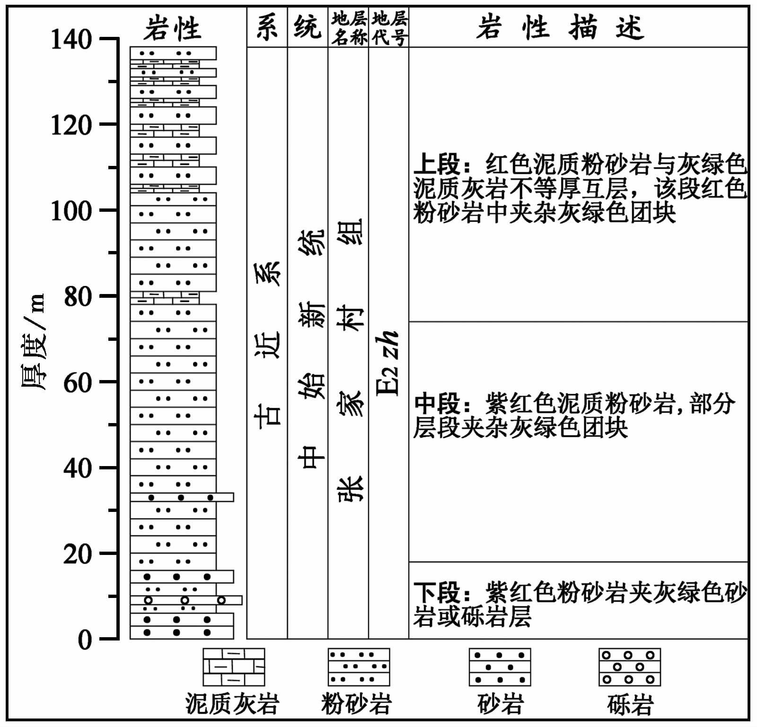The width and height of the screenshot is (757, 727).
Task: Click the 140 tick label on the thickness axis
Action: tap(71, 39)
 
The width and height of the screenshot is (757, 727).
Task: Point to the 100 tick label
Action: tap(71, 211)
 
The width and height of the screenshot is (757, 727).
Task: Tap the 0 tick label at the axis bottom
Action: tap(85, 640)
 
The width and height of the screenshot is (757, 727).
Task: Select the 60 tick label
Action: tap(78, 383)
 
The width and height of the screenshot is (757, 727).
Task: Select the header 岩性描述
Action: tap(560, 27)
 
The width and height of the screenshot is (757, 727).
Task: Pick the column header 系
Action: tap(267, 27)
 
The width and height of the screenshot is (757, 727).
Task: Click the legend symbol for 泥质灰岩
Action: tap(234, 667)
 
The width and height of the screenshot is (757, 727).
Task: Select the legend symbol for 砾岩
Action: tap(629, 667)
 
